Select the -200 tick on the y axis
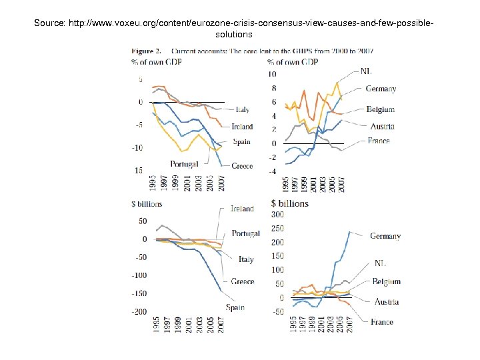coord(139,312)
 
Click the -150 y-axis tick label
coord(139,293)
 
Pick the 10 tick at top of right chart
coord(271,74)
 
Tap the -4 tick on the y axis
coord(271,171)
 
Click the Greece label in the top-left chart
coord(242,166)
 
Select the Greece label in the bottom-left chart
coord(242,281)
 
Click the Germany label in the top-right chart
coord(381,89)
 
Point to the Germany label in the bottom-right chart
coord(385,236)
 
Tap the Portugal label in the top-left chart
coord(184,164)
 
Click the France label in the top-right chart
coord(379,141)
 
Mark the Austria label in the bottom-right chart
coord(386,302)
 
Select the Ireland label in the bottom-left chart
coord(242,209)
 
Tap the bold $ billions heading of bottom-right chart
coord(290,203)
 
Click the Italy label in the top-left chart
coord(242,110)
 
